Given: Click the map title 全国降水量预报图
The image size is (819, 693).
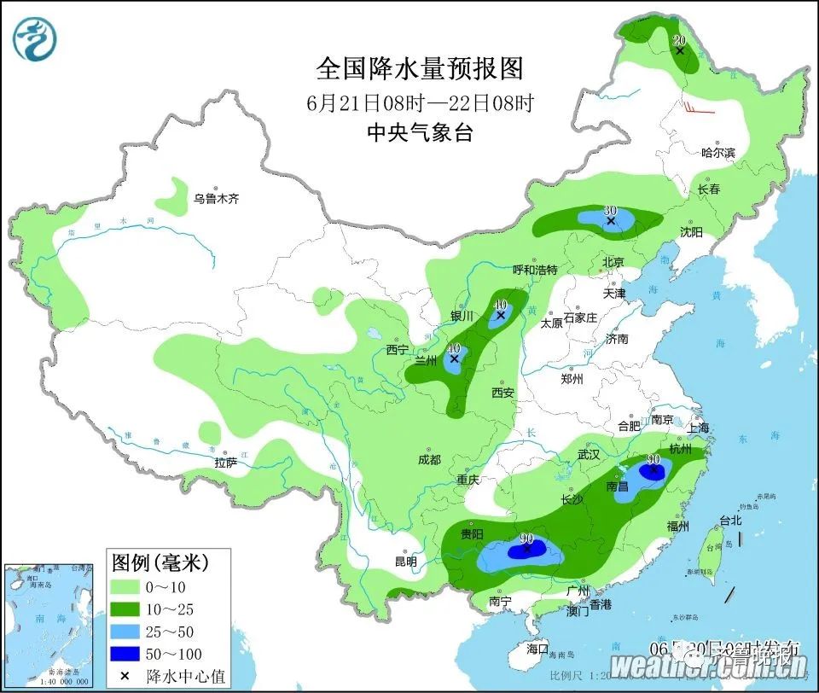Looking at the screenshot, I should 419,67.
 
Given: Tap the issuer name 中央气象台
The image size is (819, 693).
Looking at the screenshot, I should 419,132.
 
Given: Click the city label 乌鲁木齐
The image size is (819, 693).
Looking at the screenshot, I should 216,199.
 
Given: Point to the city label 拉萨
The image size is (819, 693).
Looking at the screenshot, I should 226,463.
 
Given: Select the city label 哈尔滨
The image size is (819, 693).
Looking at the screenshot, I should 717,153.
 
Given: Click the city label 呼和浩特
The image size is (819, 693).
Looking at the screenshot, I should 535,270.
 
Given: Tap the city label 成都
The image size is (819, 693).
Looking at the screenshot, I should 430,460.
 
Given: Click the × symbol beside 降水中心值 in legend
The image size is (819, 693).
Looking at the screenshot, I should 125,676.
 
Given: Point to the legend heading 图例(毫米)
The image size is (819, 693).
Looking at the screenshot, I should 160,562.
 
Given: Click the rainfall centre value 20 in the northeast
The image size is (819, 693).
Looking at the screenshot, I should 680,41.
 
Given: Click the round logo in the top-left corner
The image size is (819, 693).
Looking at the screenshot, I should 36,38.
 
